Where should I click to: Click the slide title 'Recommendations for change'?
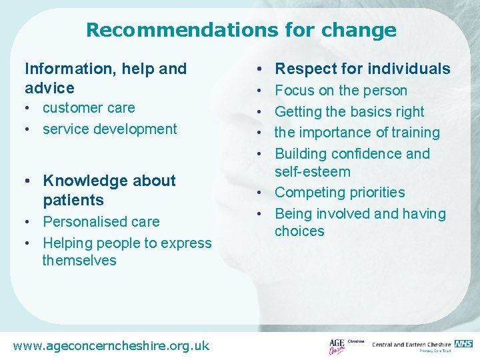click(x=241, y=30)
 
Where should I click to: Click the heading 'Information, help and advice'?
click(x=105, y=78)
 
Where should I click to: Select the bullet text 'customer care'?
click(x=89, y=108)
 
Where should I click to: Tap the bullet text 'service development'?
click(x=109, y=129)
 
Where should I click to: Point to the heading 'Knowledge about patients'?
click(x=109, y=190)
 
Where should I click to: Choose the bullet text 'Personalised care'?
click(x=101, y=221)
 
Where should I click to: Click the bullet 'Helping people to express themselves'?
click(x=127, y=251)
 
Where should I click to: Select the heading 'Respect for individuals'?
click(x=363, y=69)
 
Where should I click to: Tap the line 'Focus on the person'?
click(x=341, y=90)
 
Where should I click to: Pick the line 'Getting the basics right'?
click(x=349, y=111)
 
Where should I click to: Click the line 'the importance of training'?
click(x=357, y=133)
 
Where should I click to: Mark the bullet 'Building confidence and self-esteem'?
click(x=352, y=163)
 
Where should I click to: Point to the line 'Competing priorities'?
click(x=340, y=193)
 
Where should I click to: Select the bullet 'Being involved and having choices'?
click(x=360, y=222)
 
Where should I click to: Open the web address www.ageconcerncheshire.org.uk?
click(x=111, y=345)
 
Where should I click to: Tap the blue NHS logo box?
click(x=464, y=343)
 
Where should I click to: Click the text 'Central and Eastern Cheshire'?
click(x=411, y=345)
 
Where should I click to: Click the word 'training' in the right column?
click(x=415, y=133)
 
